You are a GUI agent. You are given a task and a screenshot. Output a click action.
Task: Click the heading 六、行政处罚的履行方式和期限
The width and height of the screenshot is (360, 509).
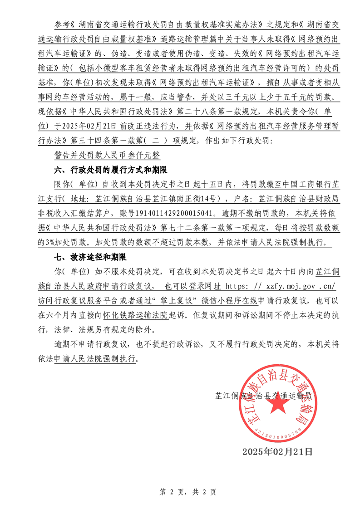click(110, 171)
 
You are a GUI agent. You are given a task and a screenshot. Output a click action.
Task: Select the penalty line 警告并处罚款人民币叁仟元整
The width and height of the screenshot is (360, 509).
click(107, 155)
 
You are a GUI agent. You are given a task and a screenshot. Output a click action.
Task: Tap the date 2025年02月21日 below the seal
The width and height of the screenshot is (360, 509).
click(277, 451)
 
